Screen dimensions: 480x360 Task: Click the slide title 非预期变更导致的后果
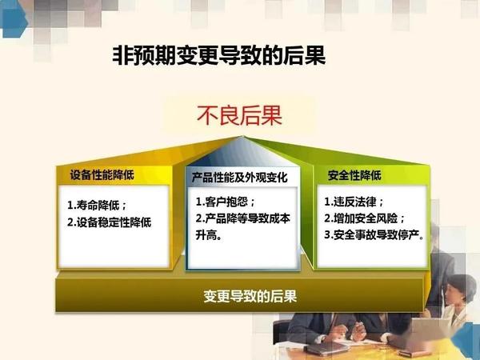tap(219, 55)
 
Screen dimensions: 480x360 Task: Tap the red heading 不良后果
tap(239, 115)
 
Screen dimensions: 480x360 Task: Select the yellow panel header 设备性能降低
tap(102, 175)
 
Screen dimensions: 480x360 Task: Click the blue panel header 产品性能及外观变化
tap(240, 178)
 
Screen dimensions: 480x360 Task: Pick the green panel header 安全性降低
tap(354, 175)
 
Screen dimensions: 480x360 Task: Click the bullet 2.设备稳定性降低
tap(110, 222)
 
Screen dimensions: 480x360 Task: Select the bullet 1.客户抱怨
tap(226, 202)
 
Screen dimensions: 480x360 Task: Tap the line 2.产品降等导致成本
tap(243, 218)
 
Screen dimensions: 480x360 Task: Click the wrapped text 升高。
tap(209, 235)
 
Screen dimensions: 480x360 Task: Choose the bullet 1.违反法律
tap(354, 202)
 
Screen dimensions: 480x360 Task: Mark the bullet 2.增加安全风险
tap(365, 218)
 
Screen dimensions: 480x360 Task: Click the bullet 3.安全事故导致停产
tap(374, 234)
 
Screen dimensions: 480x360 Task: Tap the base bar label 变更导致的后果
tap(250, 296)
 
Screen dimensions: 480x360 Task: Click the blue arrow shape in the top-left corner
tap(14, 19)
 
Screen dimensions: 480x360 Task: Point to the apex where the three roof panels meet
tap(243, 137)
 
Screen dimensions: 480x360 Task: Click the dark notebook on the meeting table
tap(327, 349)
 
